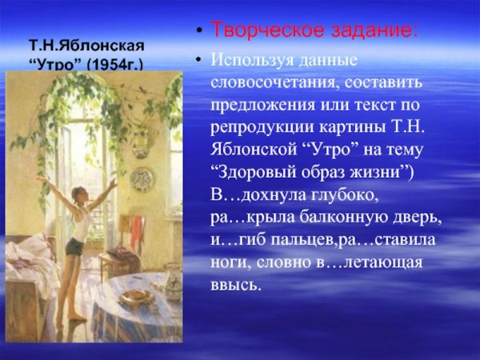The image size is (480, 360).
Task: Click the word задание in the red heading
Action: [371, 31]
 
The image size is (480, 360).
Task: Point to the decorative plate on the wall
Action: [142, 178]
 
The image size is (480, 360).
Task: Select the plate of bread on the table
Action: [135, 296]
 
